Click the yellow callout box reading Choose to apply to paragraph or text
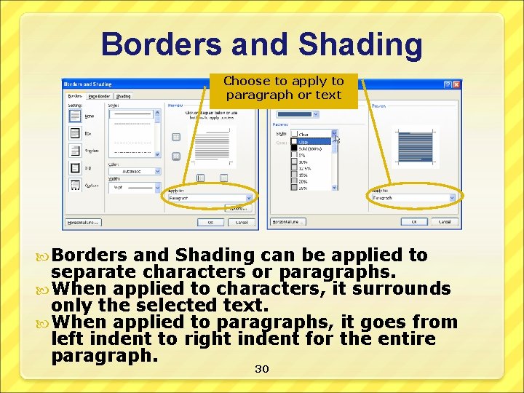coord(284,88)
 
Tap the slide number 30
coord(262,370)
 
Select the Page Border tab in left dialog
coord(98,95)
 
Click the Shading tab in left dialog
coord(124,95)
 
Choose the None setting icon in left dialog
coord(75,115)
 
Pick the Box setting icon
coord(75,132)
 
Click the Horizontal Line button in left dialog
coord(82,222)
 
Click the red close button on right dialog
coord(456,84)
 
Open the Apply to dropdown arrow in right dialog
coord(451,197)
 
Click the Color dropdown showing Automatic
coord(134,172)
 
